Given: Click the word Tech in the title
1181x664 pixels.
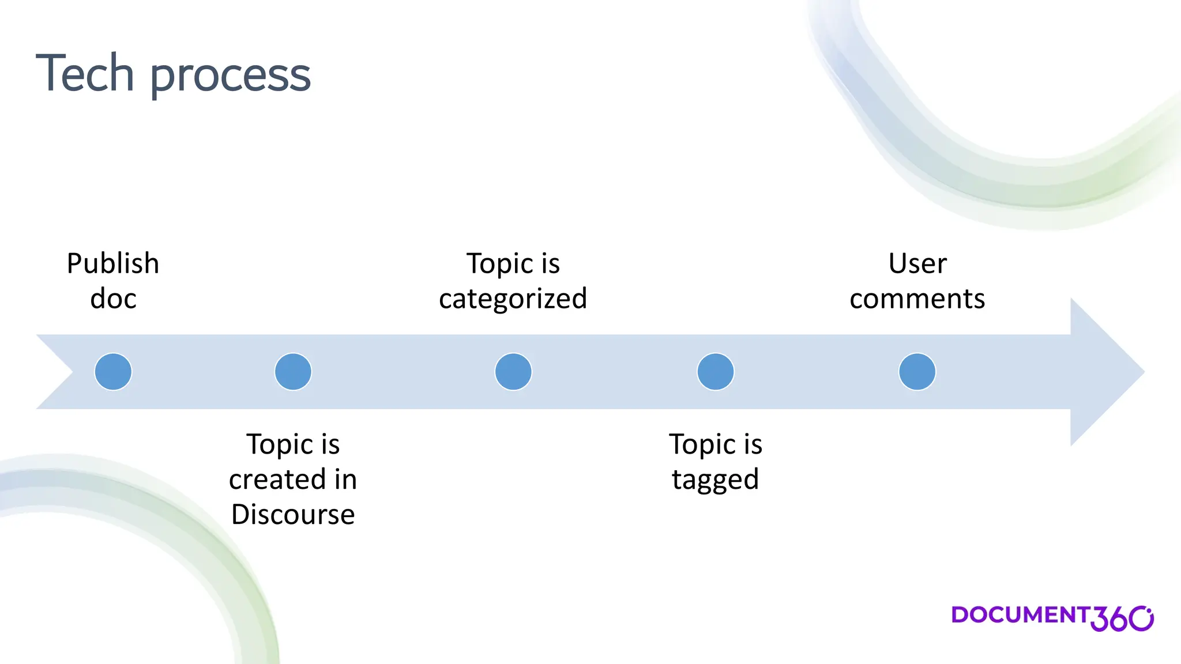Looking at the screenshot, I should coord(85,73).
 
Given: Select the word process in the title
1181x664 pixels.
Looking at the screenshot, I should coord(230,76).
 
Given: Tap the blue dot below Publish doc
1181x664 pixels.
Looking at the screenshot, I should coord(113,372).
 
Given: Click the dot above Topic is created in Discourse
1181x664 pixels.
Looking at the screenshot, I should coord(293,372).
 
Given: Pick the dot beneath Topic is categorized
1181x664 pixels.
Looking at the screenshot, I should coord(513,372).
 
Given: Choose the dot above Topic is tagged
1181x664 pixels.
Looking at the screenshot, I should coord(715,372).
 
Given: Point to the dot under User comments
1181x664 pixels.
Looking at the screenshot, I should coord(917,372).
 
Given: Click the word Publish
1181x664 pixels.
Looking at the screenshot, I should coord(113,264).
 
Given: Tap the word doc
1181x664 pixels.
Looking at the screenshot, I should coord(113,299).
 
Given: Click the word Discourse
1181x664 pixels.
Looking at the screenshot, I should coord(293,514).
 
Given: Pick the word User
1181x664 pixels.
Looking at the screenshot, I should coord(917,264).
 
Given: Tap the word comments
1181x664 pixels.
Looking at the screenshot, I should coord(917,299).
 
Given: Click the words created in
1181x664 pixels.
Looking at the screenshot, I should coord(293,480).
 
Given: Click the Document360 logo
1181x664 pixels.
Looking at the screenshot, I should coord(1052,617).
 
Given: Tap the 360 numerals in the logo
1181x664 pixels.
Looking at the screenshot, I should coord(1121,619).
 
